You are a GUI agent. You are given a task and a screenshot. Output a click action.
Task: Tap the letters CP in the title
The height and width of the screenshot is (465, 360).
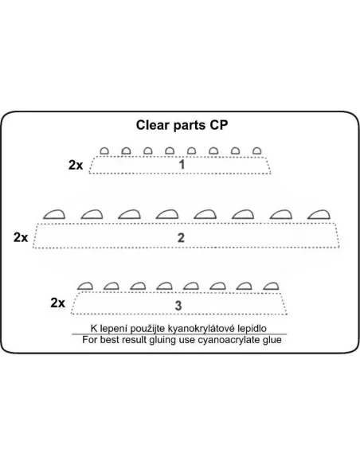pyautogui.click(x=219, y=125)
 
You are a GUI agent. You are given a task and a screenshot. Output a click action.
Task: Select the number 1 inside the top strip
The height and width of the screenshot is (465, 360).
pyautogui.click(x=182, y=165)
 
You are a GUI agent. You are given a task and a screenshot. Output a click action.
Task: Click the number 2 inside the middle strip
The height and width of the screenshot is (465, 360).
pyautogui.click(x=181, y=238)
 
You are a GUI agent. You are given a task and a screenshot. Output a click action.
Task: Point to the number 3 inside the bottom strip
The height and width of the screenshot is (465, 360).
pyautogui.click(x=178, y=306)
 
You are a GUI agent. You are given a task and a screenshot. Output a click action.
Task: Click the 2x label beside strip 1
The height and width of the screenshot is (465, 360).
pyautogui.click(x=76, y=165)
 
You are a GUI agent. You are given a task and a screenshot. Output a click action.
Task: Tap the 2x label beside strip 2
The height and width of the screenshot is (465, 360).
pyautogui.click(x=21, y=237)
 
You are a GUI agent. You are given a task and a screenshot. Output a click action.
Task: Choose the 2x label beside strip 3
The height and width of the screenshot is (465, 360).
pyautogui.click(x=57, y=303)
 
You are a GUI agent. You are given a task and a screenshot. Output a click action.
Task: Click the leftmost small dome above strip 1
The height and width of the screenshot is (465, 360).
pyautogui.click(x=104, y=151)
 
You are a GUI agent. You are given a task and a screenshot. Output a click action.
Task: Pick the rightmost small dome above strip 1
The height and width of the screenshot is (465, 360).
pyautogui.click(x=257, y=151)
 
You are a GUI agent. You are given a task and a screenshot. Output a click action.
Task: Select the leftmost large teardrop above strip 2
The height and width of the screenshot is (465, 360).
pyautogui.click(x=54, y=214)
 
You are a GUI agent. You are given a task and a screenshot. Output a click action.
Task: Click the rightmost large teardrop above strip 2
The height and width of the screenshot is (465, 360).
pyautogui.click(x=319, y=214)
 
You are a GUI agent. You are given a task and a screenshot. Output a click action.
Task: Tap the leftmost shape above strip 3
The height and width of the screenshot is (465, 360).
pyautogui.click(x=85, y=286)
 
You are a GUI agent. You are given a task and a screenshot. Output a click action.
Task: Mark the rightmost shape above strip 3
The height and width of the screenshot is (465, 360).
pyautogui.click(x=271, y=286)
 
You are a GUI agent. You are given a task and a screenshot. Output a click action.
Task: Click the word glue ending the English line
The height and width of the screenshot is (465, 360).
pyautogui.click(x=272, y=340)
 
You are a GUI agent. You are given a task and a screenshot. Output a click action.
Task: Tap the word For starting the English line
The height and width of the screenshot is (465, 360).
pyautogui.click(x=90, y=339)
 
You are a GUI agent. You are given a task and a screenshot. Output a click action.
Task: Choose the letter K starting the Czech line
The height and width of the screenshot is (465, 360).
pyautogui.click(x=94, y=328)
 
